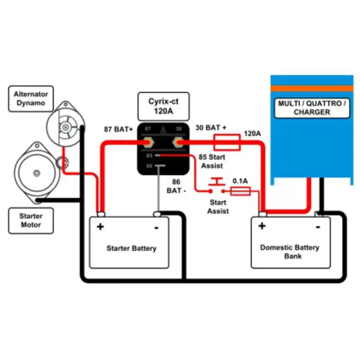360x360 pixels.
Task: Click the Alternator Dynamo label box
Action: click(x=31, y=99)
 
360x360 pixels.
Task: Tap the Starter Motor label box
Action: click(x=31, y=220)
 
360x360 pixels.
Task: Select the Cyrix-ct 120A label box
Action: click(x=163, y=106)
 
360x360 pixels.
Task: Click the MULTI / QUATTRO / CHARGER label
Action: click(x=312, y=108)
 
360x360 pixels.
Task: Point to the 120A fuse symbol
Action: click(x=226, y=142)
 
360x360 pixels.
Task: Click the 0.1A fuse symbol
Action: click(x=240, y=192)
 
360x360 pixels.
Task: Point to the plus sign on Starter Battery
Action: click(x=100, y=226)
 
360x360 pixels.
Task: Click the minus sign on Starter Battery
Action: click(x=156, y=227)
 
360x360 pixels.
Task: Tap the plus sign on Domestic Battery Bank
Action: click(x=262, y=226)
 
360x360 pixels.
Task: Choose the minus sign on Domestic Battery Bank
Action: click(x=318, y=227)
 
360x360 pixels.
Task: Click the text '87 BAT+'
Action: click(x=118, y=130)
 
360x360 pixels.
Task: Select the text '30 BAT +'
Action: click(x=211, y=128)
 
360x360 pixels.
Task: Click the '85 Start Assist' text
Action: click(x=211, y=162)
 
